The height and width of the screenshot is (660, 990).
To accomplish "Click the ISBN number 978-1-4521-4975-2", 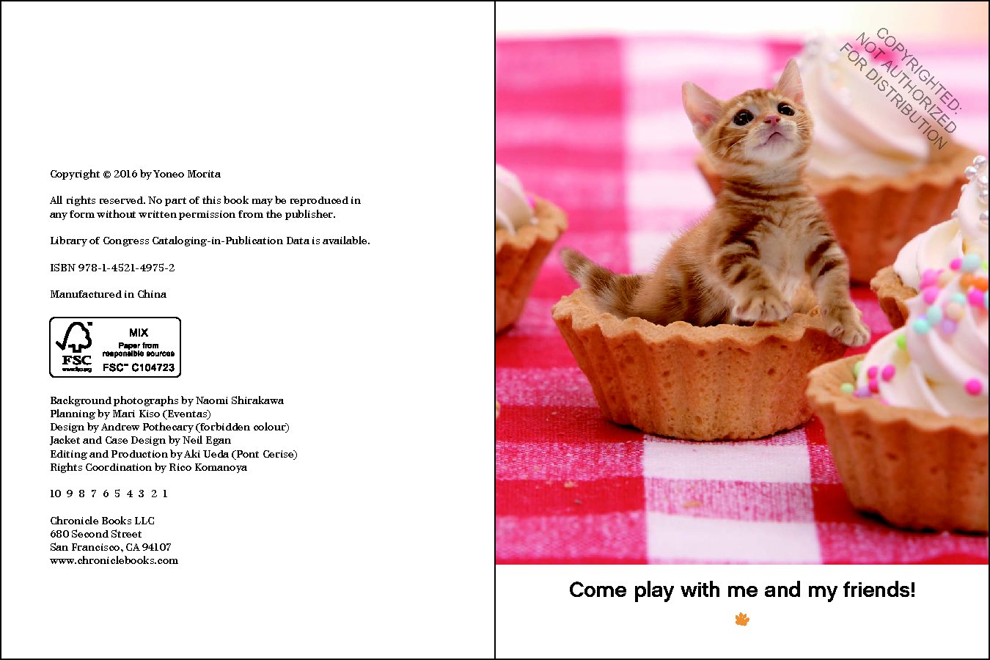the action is (x=126, y=268).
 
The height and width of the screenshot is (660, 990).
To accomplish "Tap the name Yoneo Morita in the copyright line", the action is (x=187, y=174).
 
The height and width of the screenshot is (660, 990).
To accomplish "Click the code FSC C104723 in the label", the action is (x=139, y=367).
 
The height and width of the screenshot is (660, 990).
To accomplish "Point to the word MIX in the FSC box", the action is (x=139, y=332).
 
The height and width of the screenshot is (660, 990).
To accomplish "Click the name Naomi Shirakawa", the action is (x=240, y=400).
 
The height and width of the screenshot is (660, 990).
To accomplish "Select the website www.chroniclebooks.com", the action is (x=114, y=560).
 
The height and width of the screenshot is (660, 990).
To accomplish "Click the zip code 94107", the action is (x=156, y=547).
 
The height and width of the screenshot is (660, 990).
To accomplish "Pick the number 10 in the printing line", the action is (x=55, y=494).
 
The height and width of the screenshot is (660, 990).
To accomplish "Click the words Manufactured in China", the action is (x=108, y=294).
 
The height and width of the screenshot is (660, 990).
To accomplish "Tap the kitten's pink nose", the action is (x=771, y=120).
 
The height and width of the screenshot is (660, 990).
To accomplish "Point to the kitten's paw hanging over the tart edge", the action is (x=844, y=326).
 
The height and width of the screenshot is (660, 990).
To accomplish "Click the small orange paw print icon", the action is (x=742, y=620).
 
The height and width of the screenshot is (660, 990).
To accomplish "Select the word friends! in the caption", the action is (x=879, y=590).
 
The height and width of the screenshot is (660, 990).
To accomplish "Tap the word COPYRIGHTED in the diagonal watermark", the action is (x=918, y=70).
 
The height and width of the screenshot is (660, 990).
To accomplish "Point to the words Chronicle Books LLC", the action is (x=102, y=521).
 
